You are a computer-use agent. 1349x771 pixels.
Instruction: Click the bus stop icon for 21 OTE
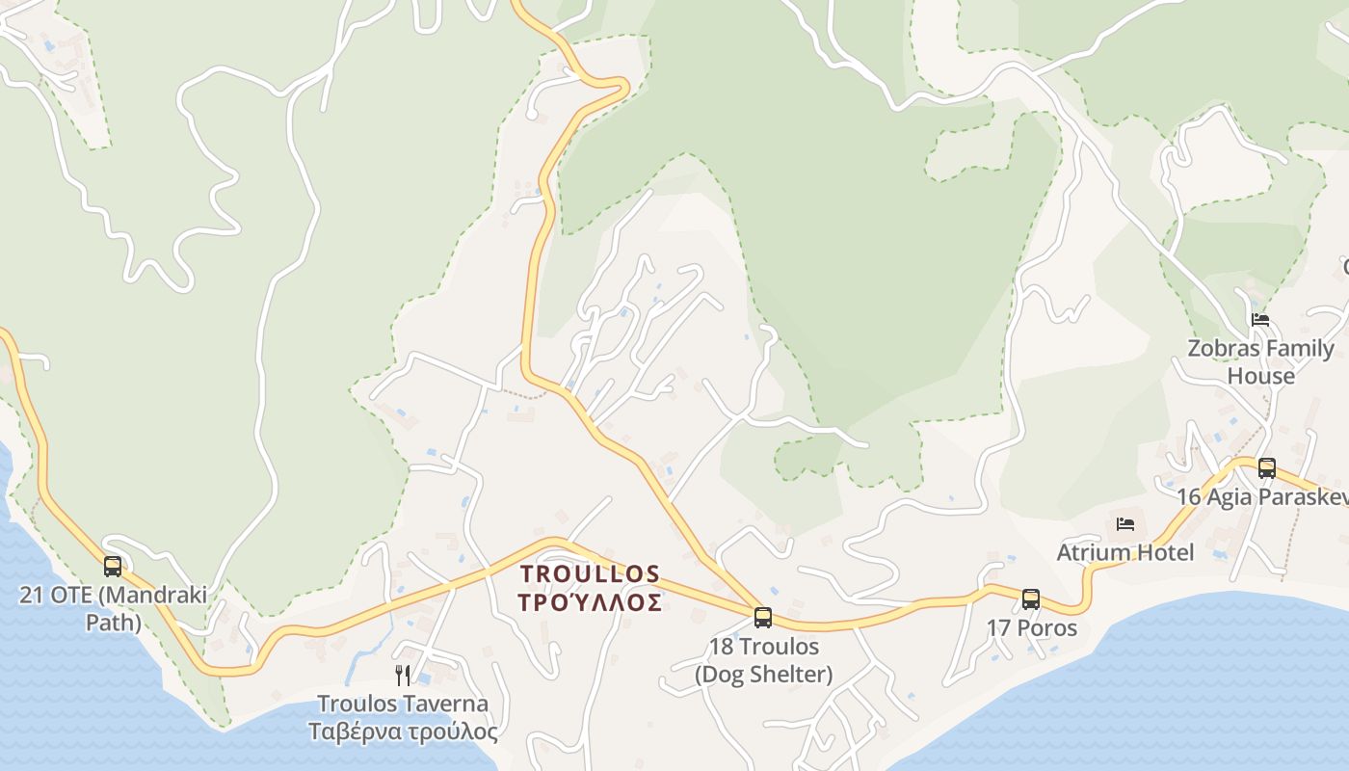click(113, 567)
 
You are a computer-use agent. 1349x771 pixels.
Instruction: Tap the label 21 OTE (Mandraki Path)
click(113, 608)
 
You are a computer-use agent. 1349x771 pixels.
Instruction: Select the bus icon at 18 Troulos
click(763, 618)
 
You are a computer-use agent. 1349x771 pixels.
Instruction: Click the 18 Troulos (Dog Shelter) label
click(764, 660)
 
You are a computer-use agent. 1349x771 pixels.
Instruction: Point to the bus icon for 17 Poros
click(1031, 599)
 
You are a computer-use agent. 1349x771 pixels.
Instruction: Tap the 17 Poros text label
click(1031, 628)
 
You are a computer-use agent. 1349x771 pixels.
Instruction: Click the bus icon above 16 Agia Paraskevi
click(1267, 468)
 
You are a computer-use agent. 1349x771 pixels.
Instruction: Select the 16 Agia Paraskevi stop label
click(1262, 496)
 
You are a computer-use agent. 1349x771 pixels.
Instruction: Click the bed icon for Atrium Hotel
click(1125, 524)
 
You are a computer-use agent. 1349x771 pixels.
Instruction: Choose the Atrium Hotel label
click(1125, 552)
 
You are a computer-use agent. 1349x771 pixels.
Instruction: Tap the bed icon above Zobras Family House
click(1260, 320)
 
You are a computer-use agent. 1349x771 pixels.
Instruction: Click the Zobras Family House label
click(1261, 361)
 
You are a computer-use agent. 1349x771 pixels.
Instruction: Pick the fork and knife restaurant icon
click(403, 676)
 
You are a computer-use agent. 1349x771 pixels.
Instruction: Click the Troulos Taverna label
click(403, 704)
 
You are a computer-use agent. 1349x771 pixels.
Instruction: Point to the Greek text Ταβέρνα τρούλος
click(403, 731)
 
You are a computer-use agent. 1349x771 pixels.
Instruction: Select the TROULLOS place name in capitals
click(591, 574)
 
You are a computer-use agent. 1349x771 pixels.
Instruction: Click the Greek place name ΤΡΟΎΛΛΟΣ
click(591, 603)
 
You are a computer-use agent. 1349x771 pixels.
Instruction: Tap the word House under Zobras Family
click(1261, 376)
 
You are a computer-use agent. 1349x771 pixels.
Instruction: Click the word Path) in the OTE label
click(114, 623)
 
